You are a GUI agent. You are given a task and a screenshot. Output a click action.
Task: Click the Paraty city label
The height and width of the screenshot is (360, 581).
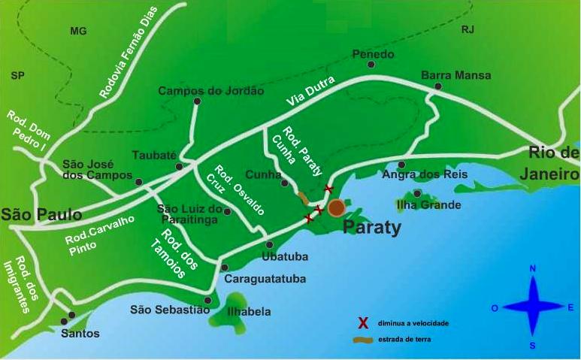(x=371, y=227)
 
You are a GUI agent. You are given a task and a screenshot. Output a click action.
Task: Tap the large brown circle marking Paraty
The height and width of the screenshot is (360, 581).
(x=337, y=207)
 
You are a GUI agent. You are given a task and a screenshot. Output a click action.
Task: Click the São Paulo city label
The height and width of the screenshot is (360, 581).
(x=41, y=215)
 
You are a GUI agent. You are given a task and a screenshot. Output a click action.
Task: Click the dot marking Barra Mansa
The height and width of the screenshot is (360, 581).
(x=438, y=86)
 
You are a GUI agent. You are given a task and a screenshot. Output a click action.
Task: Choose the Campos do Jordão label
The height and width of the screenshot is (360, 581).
(x=210, y=91)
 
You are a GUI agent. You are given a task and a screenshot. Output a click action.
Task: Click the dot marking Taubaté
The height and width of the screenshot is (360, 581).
(x=179, y=166)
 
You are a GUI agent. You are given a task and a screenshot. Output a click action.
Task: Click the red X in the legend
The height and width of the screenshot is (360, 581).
(x=362, y=323)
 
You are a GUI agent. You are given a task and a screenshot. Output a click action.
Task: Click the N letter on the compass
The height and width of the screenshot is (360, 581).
(x=532, y=268)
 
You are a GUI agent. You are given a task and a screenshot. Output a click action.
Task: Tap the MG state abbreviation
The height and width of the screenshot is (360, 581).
(x=78, y=32)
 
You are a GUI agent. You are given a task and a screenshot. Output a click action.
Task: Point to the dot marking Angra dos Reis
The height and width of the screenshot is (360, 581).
(x=402, y=165)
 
